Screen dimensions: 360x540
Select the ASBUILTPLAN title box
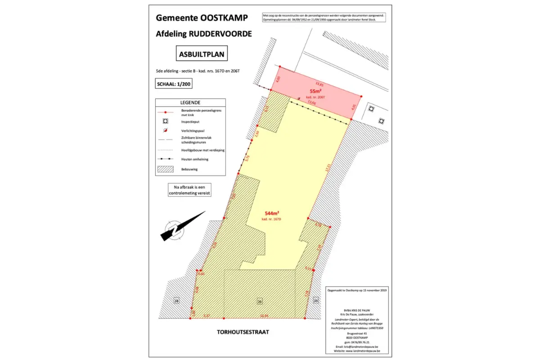201,54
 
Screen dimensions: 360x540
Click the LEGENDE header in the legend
190,103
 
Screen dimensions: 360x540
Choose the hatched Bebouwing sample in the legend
166,169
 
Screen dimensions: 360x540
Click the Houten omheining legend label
194,159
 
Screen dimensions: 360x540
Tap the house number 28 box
177,301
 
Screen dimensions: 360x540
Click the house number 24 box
316,301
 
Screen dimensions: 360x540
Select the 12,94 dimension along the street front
265,316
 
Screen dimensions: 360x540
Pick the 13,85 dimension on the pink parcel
319,84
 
